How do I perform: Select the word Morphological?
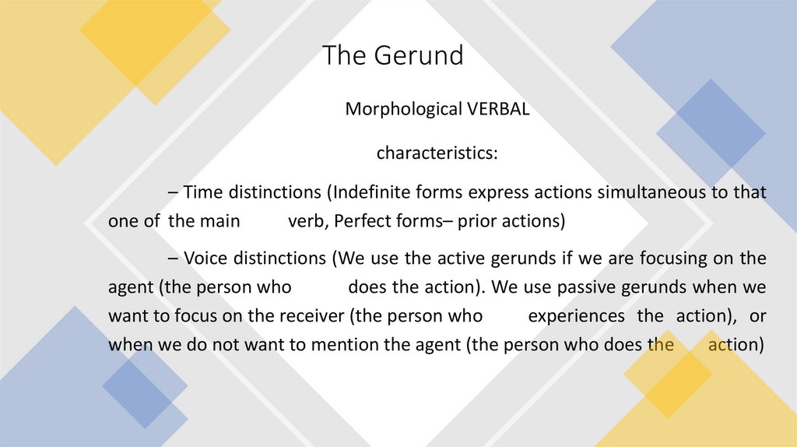pyautogui.click(x=394, y=109)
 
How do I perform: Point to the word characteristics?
pyautogui.click(x=437, y=153)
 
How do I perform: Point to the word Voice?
pyautogui.click(x=205, y=258)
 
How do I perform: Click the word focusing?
pyautogui.click(x=685, y=258)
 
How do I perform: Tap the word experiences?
pyautogui.click(x=576, y=315)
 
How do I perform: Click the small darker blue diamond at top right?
pyautogui.click(x=710, y=123)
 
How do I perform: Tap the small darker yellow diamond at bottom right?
pyautogui.click(x=667, y=374)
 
